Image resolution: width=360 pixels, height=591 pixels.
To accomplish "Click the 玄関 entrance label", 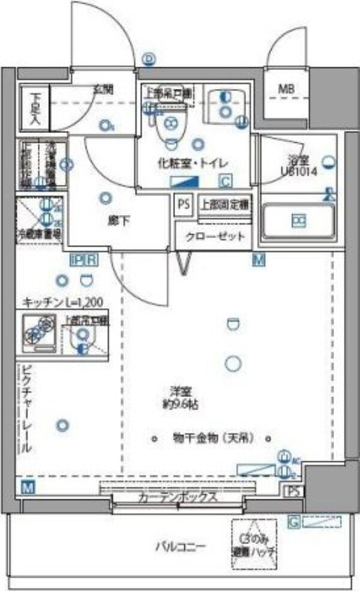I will pyautogui.click(x=103, y=90).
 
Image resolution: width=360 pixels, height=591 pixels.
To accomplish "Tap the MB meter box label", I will pyautogui.click(x=286, y=90).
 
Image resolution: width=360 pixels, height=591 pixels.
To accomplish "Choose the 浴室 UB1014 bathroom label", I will pyautogui.click(x=298, y=164).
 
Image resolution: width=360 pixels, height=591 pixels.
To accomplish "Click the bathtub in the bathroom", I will pyautogui.click(x=298, y=221).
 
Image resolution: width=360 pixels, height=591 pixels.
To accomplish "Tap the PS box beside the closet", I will pyautogui.click(x=183, y=204).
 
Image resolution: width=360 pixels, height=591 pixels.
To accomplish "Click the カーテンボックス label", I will pyautogui.click(x=176, y=497).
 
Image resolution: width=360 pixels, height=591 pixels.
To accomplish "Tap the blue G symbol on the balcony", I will pyautogui.click(x=293, y=523).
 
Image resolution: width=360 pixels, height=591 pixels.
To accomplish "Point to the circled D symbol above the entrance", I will pyautogui.click(x=149, y=58).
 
